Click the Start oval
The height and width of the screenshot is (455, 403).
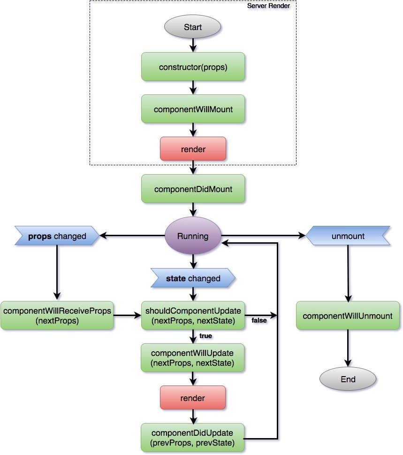(x=193, y=27)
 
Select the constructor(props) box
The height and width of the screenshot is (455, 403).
(x=193, y=67)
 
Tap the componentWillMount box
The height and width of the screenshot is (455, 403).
(x=193, y=109)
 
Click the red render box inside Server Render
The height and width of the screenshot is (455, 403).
(x=193, y=148)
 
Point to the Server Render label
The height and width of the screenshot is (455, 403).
(x=268, y=6)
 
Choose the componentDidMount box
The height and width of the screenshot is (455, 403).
(x=193, y=189)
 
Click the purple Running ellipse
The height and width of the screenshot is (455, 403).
(x=193, y=236)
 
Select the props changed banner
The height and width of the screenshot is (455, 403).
(x=57, y=236)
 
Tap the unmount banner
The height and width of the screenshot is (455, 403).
(x=348, y=236)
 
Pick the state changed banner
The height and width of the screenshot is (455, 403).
(x=193, y=278)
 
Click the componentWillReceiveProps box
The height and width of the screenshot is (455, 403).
(x=57, y=316)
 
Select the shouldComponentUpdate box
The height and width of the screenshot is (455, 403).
(x=193, y=316)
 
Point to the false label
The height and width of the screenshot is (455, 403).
(x=259, y=320)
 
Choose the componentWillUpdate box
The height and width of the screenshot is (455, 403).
(x=193, y=358)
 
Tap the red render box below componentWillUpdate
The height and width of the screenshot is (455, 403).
(x=193, y=398)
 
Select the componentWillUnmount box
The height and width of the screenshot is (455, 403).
(x=348, y=316)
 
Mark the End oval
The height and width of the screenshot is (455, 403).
(x=348, y=379)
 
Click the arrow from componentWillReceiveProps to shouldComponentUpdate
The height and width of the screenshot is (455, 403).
(x=127, y=316)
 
